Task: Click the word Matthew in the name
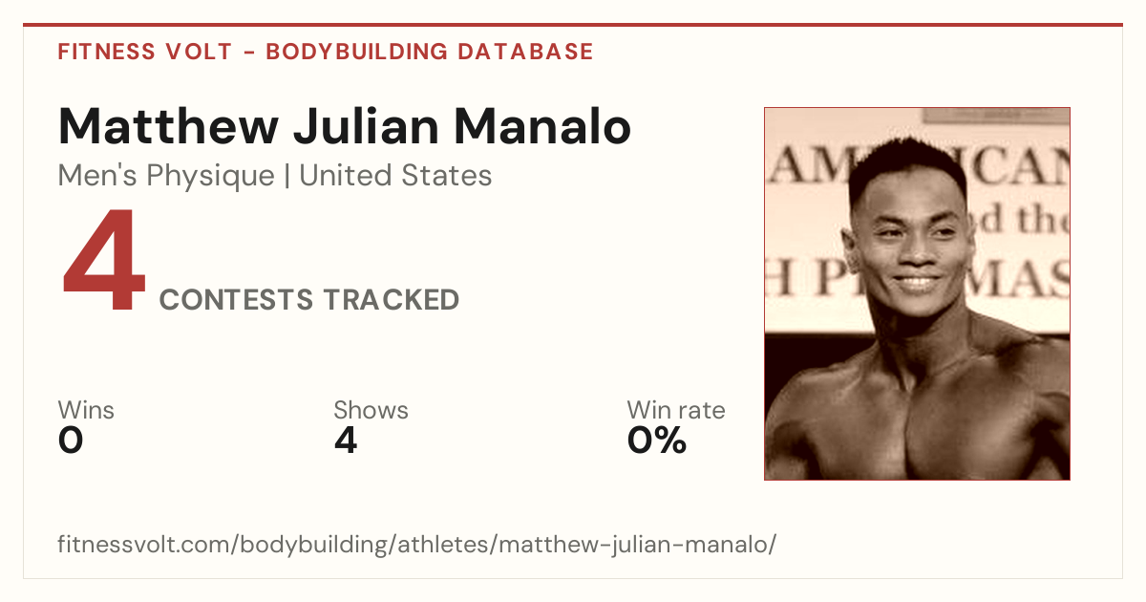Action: [168, 126]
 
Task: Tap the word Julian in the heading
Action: [367, 126]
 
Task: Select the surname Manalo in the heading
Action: [542, 126]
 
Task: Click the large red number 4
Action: [104, 259]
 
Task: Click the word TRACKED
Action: [392, 300]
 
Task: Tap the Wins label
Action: [86, 410]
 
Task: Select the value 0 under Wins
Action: [71, 441]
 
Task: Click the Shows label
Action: [371, 410]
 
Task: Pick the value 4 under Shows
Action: [346, 441]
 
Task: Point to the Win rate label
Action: [676, 410]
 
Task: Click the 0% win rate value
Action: [657, 441]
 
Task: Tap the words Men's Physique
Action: [166, 176]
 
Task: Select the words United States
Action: [395, 175]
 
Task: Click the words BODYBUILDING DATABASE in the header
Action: [430, 52]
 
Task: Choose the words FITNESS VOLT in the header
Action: [145, 52]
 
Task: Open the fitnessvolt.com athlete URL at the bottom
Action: [417, 544]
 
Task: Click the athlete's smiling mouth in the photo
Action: [917, 283]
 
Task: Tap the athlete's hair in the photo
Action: [906, 163]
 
